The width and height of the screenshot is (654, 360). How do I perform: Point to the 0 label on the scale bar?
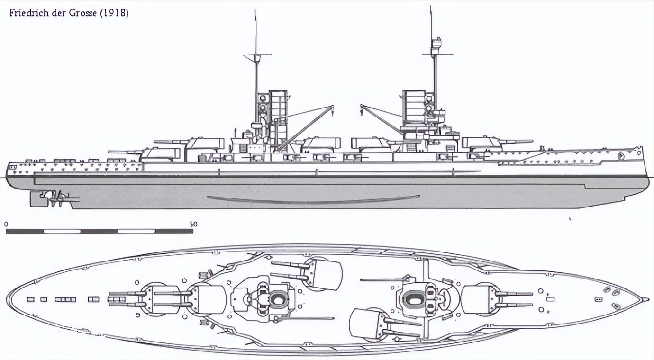[6, 224]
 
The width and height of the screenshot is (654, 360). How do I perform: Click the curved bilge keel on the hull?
[313, 200]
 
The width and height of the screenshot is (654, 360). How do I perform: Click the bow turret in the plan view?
[479, 298]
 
